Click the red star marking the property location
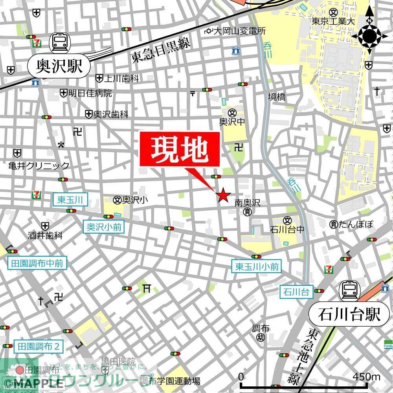pos(223,195)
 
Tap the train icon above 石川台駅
pos(350,290)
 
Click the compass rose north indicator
pos(369,36)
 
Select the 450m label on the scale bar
pos(366,376)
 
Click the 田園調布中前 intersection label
pos(37,263)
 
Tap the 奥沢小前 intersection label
pos(104,227)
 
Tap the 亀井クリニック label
pos(39,165)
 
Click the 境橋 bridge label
pos(277,97)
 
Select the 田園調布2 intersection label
pos(39,347)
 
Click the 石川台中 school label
pos(287,229)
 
